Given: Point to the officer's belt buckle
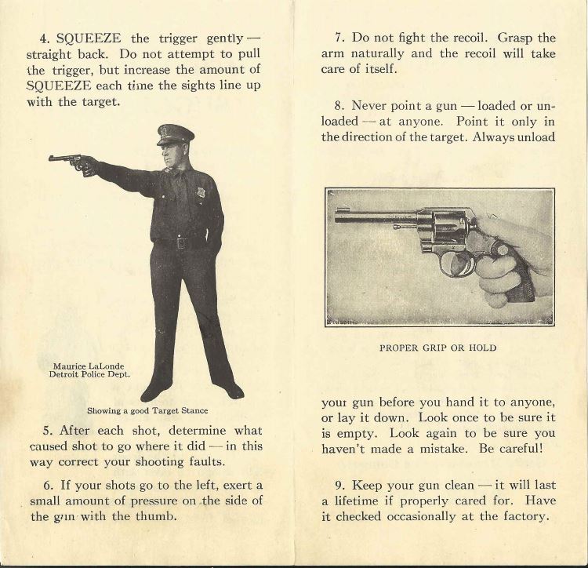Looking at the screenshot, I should (x=181, y=243).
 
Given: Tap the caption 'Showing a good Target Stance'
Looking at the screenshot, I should (x=147, y=410).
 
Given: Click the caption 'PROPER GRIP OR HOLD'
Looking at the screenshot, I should (x=439, y=347).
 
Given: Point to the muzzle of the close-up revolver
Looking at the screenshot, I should (x=338, y=213).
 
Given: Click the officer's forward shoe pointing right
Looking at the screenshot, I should (x=230, y=389).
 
